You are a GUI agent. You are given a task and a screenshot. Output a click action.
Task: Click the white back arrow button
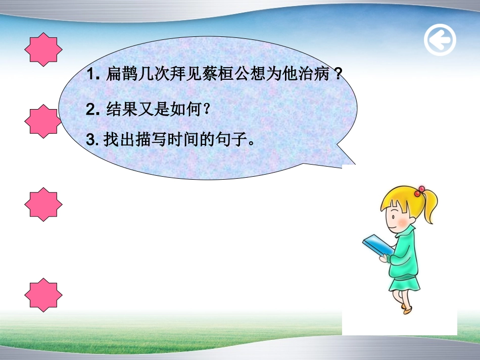pyautogui.click(x=440, y=40)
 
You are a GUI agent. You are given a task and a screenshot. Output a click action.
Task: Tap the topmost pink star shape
pyautogui.click(x=43, y=49)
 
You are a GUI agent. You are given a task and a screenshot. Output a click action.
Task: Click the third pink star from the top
pyautogui.click(x=43, y=204)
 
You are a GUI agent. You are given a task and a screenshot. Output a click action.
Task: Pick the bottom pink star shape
pyautogui.click(x=43, y=294)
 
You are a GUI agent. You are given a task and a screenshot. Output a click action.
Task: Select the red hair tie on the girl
pyautogui.click(x=419, y=191)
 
